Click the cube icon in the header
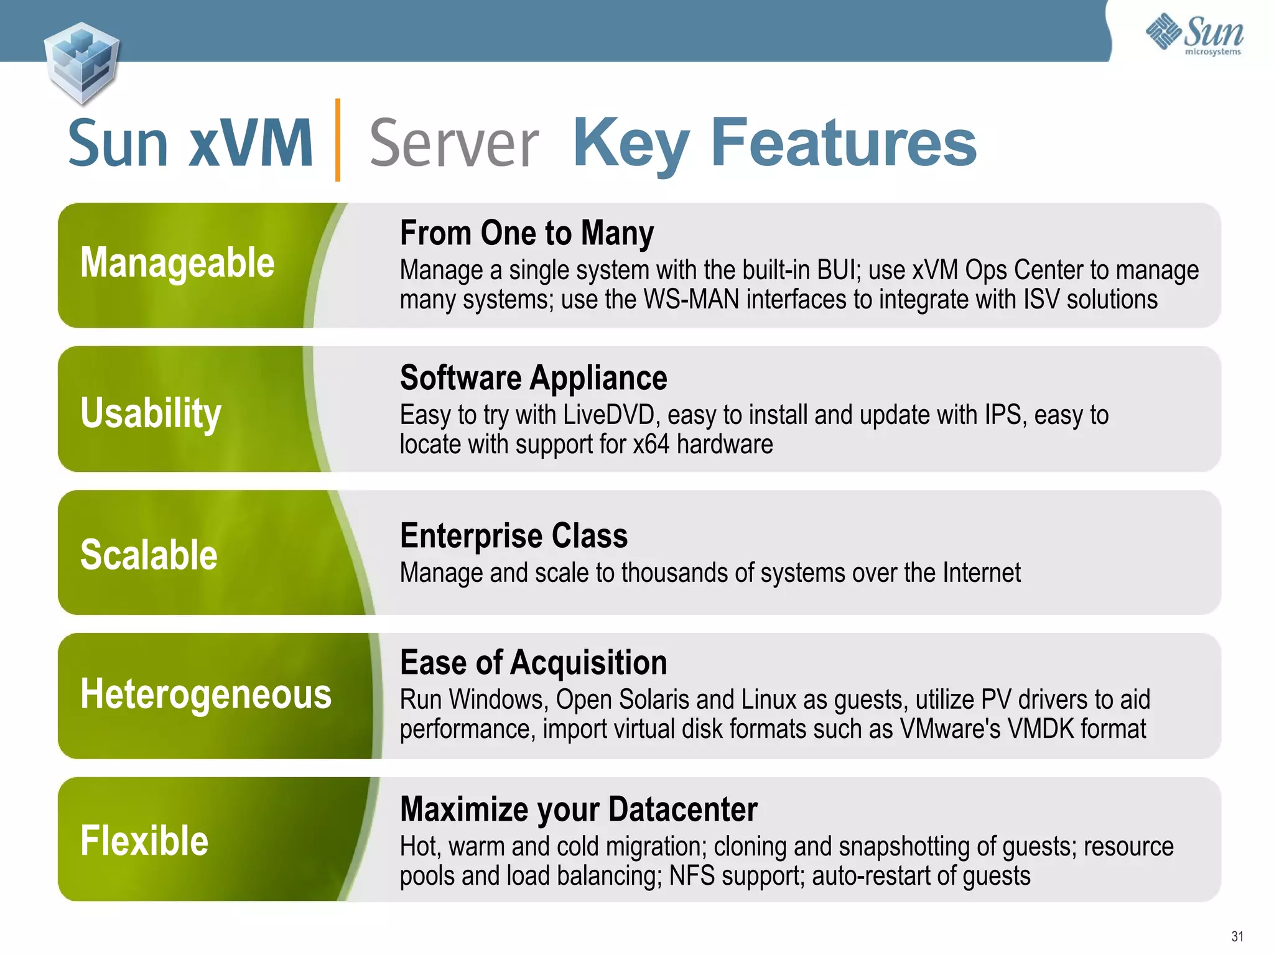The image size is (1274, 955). coord(81,62)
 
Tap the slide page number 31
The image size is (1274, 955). coord(1237,936)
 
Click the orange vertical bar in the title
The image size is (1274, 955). coord(338,140)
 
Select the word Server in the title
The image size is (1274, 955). coord(453,144)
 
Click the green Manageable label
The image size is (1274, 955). coord(177,263)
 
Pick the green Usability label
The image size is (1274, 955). coord(151,413)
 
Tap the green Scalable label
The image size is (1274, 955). coord(149,555)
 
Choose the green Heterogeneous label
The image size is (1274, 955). coord(206,694)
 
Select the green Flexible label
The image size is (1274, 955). coord(144,841)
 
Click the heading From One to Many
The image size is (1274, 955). coord(526,233)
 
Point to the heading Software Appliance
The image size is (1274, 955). coord(533,378)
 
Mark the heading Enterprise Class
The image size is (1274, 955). coord(514,536)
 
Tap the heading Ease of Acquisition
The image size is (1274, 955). coord(533,663)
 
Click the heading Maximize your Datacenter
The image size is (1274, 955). coord(579,810)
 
